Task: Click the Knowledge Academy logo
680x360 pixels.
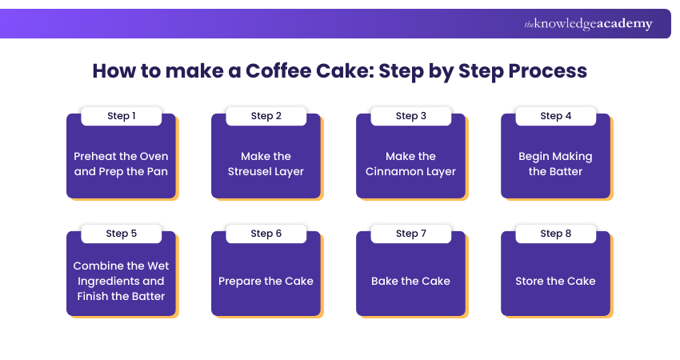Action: point(588,24)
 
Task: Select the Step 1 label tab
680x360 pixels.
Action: point(121,116)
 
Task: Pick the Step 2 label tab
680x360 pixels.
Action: point(266,116)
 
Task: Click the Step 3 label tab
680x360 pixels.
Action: point(410,116)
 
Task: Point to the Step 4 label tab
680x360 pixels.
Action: point(555,116)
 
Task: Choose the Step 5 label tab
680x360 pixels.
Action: point(121,234)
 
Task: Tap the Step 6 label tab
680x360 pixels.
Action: point(266,234)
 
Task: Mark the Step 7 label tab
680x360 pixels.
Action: point(410,234)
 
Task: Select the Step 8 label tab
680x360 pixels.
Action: point(555,234)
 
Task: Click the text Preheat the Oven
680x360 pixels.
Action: point(121,156)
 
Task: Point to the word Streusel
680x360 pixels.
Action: point(254,171)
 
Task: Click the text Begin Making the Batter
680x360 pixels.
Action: point(555,163)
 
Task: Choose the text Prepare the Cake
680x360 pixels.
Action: point(266,281)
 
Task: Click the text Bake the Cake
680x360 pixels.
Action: point(410,281)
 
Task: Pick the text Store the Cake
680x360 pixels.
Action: point(555,281)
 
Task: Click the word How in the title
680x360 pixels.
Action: point(110,70)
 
